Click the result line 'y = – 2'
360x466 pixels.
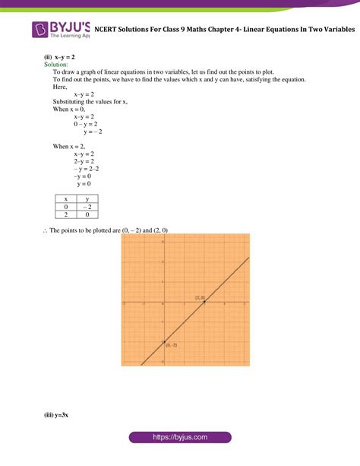click(x=93, y=132)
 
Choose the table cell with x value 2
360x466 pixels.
click(x=66, y=214)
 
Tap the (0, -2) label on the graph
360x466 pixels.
click(x=171, y=346)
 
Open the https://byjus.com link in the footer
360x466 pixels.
click(x=179, y=439)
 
